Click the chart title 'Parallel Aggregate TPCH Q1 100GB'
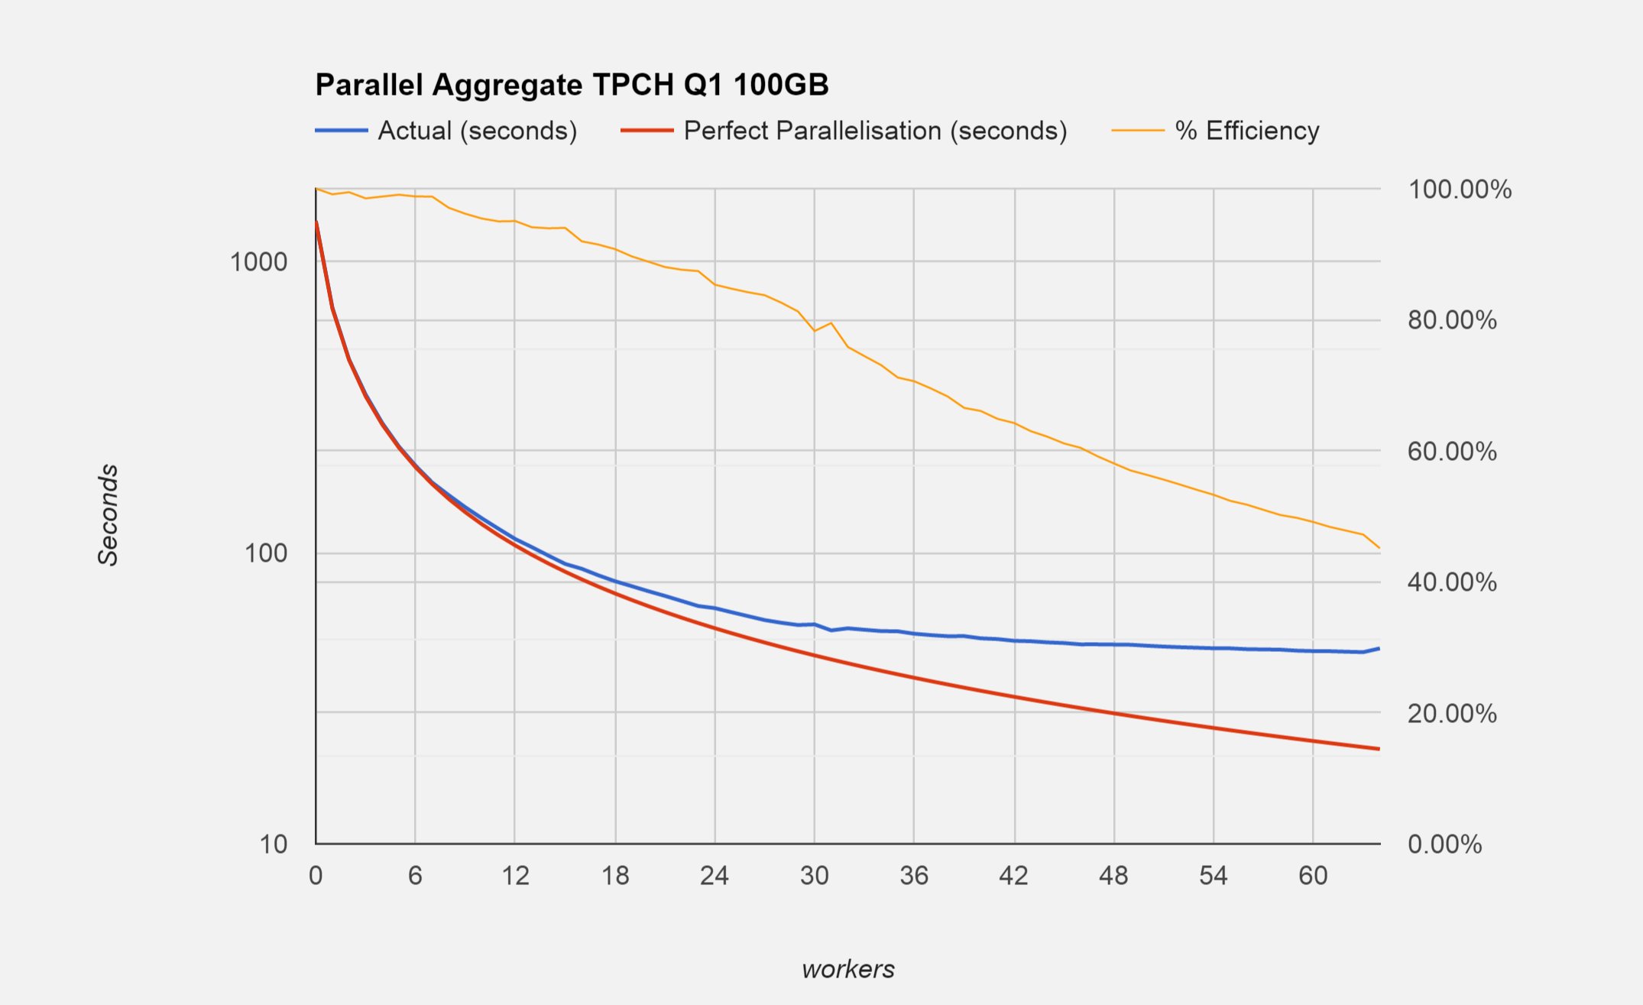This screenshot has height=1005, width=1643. click(x=572, y=85)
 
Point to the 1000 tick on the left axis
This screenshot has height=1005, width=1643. click(x=258, y=262)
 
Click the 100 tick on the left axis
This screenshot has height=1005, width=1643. click(x=265, y=553)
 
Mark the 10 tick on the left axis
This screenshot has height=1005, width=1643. click(x=273, y=845)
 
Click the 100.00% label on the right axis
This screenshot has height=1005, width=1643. click(x=1459, y=190)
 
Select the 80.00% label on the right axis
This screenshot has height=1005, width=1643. click(x=1452, y=320)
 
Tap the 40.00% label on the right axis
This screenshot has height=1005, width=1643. click(x=1452, y=582)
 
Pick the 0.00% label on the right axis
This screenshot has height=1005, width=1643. click(x=1444, y=845)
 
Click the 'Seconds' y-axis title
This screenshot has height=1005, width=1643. click(x=109, y=514)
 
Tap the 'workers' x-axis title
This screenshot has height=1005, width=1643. click(x=847, y=969)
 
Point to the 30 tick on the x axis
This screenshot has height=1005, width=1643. click(x=815, y=876)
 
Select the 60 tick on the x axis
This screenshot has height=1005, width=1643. click(x=1313, y=876)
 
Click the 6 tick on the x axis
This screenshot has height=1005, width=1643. click(x=415, y=876)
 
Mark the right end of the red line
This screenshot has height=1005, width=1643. click(x=1379, y=749)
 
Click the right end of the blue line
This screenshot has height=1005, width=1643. click(x=1379, y=648)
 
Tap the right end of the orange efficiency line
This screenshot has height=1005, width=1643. click(x=1379, y=548)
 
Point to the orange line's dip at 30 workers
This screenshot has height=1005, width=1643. click(x=815, y=331)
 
